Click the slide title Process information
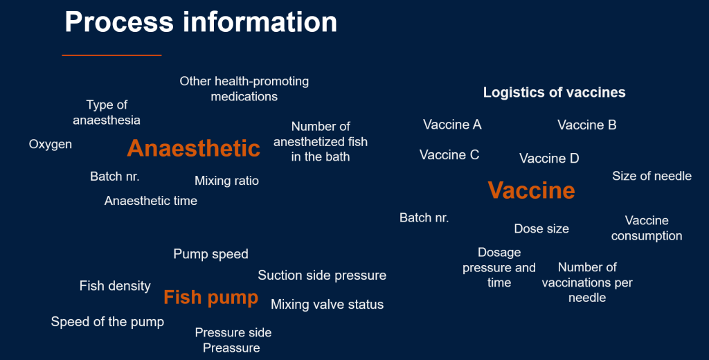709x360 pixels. (x=201, y=21)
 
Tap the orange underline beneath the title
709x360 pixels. (x=111, y=55)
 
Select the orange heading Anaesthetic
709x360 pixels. (x=194, y=148)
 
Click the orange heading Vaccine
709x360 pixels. (x=531, y=190)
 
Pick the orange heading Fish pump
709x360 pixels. (x=210, y=298)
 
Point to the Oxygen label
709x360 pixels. (x=50, y=145)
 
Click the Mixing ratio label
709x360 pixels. (x=226, y=181)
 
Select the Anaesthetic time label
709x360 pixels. (x=150, y=200)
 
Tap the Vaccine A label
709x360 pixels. (x=452, y=125)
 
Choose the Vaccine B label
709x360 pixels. (x=587, y=125)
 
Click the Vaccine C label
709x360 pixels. (x=449, y=154)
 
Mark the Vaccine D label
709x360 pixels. (x=549, y=159)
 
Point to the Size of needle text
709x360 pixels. (x=652, y=176)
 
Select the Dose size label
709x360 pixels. (x=541, y=229)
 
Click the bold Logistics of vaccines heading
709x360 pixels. (x=555, y=92)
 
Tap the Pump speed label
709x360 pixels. (x=210, y=254)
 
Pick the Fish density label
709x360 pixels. (x=115, y=286)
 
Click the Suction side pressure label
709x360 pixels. (x=322, y=276)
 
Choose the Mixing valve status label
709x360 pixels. (x=327, y=305)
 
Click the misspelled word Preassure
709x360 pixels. (x=231, y=348)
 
